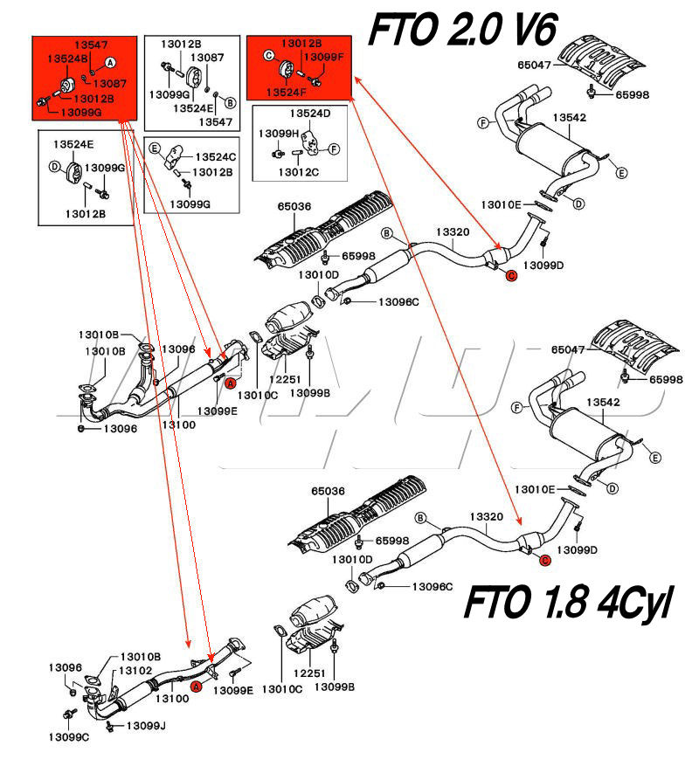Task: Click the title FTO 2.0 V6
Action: pyautogui.click(x=464, y=30)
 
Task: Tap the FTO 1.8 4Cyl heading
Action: pyautogui.click(x=568, y=602)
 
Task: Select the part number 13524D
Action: pyautogui.click(x=310, y=114)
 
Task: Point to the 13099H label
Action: pyautogui.click(x=279, y=134)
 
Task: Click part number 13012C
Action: pyautogui.click(x=299, y=172)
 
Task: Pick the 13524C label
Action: pyautogui.click(x=216, y=156)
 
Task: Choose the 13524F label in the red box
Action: pyautogui.click(x=286, y=93)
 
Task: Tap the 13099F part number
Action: pyautogui.click(x=323, y=57)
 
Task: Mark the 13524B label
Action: pyautogui.click(x=67, y=59)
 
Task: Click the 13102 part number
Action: pyautogui.click(x=135, y=671)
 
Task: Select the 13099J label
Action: pyautogui.click(x=146, y=725)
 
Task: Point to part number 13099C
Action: pyautogui.click(x=68, y=737)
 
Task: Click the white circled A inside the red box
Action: pyautogui.click(x=110, y=63)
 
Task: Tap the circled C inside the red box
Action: pyautogui.click(x=269, y=56)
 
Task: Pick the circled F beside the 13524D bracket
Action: pyautogui.click(x=334, y=148)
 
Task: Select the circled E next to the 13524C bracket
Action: pyautogui.click(x=155, y=148)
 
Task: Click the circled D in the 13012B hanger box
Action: pyautogui.click(x=54, y=167)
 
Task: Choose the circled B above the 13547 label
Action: pyautogui.click(x=230, y=102)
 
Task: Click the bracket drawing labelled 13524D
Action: pyautogui.click(x=311, y=142)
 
